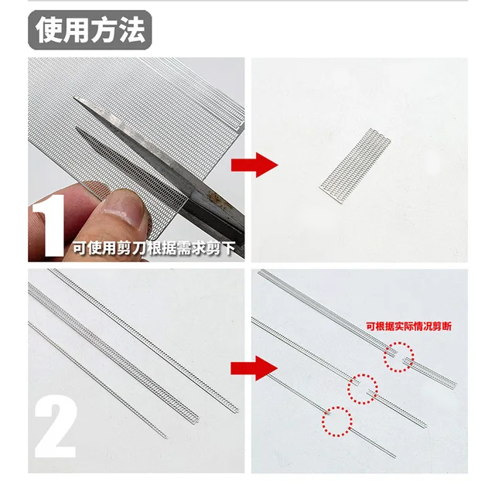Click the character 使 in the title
pyautogui.click(x=49, y=30)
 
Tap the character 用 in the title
pyautogui.click(x=77, y=30)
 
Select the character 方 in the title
pyautogui.click(x=106, y=30)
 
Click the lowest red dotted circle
pyautogui.click(x=336, y=419)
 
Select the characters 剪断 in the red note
pyautogui.click(x=443, y=327)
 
